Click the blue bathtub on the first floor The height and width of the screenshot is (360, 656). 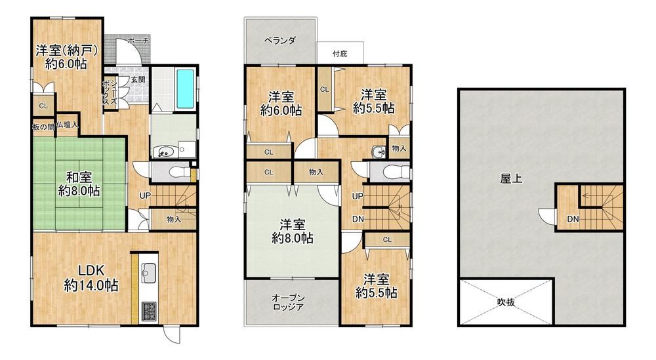click(x=186, y=89)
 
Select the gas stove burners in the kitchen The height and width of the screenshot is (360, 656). click(x=148, y=311)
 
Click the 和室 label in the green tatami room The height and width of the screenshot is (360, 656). click(x=79, y=177)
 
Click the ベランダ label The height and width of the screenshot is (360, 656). click(x=280, y=41)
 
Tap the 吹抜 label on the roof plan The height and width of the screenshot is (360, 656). click(x=506, y=302)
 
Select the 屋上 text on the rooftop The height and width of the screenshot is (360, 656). click(x=511, y=178)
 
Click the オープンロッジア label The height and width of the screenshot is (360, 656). click(x=288, y=302)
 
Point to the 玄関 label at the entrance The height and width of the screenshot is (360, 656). click(x=138, y=79)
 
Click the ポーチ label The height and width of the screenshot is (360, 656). click(x=138, y=41)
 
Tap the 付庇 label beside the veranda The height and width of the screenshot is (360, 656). click(x=340, y=54)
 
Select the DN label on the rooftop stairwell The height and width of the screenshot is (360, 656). click(x=573, y=219)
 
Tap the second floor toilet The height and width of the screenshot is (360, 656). click(x=391, y=171)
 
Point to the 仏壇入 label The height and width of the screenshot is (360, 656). click(x=68, y=125)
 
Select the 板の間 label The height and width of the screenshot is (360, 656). click(x=43, y=127)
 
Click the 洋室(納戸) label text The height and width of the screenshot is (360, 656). click(x=67, y=50)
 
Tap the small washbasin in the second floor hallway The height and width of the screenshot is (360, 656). click(x=379, y=151)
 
